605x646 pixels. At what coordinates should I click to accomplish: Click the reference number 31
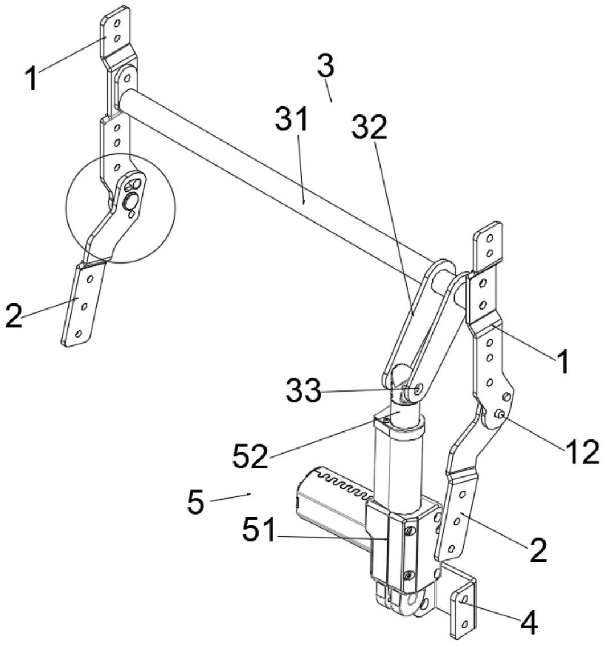point(292,119)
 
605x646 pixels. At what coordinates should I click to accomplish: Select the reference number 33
point(303,390)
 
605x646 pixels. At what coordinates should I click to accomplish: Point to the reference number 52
point(250,456)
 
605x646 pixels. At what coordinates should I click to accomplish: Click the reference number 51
point(259,530)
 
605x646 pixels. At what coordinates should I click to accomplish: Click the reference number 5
point(195,501)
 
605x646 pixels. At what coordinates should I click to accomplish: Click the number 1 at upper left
point(32,79)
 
